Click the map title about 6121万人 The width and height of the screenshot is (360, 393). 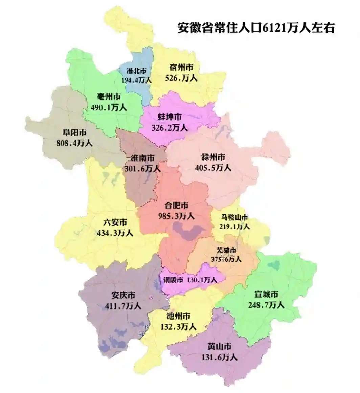click(x=256, y=28)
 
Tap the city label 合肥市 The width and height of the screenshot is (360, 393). click(x=177, y=205)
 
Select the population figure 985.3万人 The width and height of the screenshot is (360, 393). click(x=176, y=215)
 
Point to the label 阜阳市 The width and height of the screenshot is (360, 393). click(x=74, y=132)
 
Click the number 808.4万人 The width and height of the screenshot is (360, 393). click(x=74, y=143)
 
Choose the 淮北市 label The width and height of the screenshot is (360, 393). click(x=136, y=71)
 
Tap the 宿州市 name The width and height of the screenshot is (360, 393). click(x=181, y=67)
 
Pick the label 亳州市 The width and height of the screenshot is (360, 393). click(x=109, y=97)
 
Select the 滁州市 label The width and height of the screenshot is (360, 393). click(x=213, y=157)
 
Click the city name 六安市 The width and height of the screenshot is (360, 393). click(x=115, y=222)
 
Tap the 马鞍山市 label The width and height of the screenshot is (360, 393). click(x=235, y=217)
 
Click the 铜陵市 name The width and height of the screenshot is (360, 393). click(x=173, y=280)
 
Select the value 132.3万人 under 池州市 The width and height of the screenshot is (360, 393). click(x=178, y=327)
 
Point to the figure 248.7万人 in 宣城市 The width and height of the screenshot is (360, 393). click(x=267, y=305)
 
